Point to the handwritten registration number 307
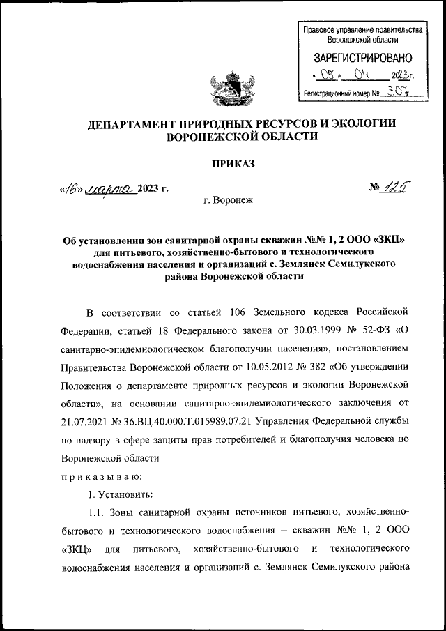pos(398,91)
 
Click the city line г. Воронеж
pos(229,200)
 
